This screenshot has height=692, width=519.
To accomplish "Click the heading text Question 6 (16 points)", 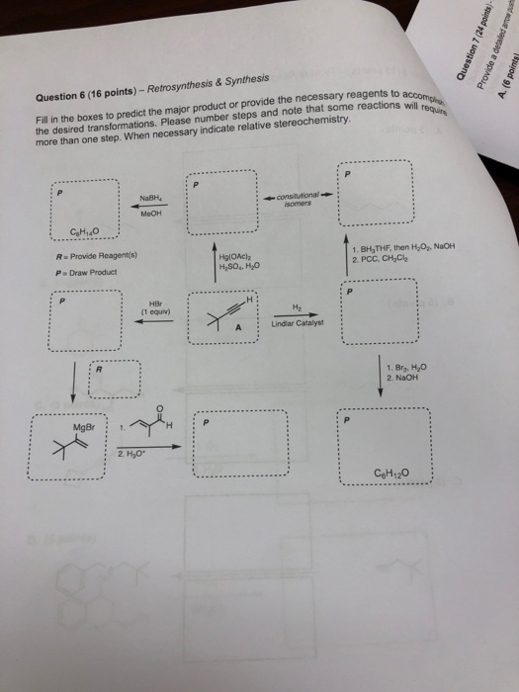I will coord(86,97).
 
